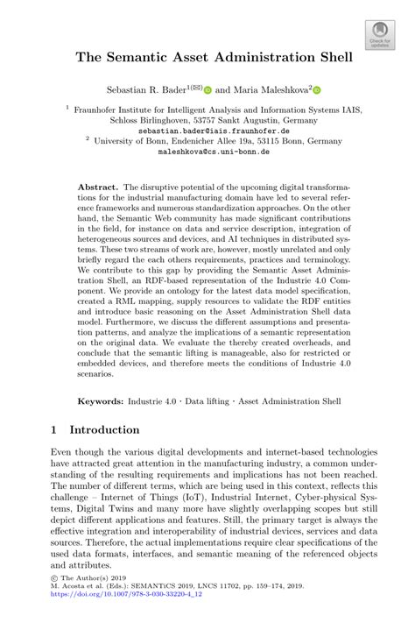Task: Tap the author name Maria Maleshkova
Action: [271, 89]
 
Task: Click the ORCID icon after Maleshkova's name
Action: [317, 90]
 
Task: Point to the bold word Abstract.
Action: [97, 188]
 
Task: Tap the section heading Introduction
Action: [104, 430]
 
